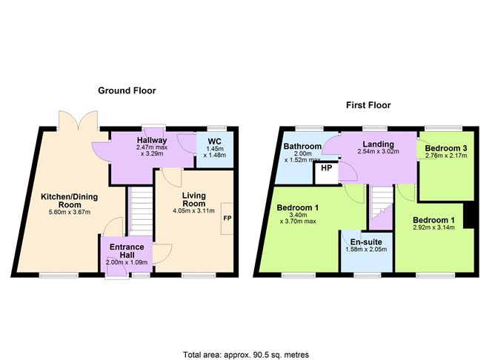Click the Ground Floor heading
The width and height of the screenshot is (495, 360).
point(127,91)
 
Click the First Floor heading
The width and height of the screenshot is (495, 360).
point(368,105)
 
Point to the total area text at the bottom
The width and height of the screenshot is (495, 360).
point(246,355)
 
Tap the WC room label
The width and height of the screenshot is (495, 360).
point(215,141)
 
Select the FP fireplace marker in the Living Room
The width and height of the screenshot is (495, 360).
point(227,219)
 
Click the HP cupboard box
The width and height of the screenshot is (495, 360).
point(327,173)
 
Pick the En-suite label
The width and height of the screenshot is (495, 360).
point(366,242)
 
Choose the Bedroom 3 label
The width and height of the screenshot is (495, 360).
point(446,148)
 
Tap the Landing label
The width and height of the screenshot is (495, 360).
point(378,144)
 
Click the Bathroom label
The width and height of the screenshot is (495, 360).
point(302,147)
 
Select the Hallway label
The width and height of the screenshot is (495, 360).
point(152,140)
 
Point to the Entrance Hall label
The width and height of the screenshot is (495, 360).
point(127,251)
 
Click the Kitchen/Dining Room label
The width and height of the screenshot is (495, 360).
point(70,201)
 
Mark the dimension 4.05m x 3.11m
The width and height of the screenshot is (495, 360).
point(194,211)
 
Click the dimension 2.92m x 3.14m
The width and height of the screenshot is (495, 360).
point(433,227)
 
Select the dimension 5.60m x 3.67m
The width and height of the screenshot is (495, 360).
point(70,212)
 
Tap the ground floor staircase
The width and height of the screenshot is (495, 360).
point(141,211)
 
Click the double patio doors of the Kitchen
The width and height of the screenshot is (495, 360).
point(79,121)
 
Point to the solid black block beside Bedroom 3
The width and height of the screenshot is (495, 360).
point(469,215)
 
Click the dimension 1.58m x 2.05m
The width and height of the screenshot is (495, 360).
point(366,250)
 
